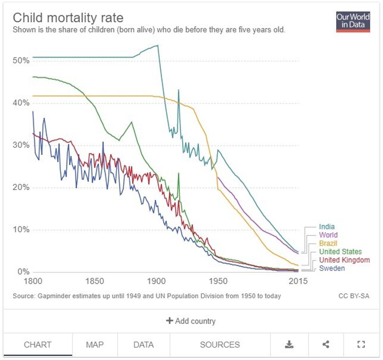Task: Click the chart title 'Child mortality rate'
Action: pyautogui.click(x=68, y=18)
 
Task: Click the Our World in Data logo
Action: pyautogui.click(x=353, y=21)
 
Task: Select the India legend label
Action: pyautogui.click(x=327, y=227)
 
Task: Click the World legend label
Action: pyautogui.click(x=328, y=235)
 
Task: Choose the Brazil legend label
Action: pyautogui.click(x=328, y=244)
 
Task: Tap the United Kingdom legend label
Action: pyautogui.click(x=344, y=260)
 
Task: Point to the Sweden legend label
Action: pyautogui.click(x=332, y=269)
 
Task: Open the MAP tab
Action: pyautogui.click(x=95, y=344)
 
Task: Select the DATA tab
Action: pyautogui.click(x=143, y=344)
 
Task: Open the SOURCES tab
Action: pyautogui.click(x=220, y=344)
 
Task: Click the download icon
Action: pyautogui.click(x=289, y=344)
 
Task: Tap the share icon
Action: pyautogui.click(x=326, y=344)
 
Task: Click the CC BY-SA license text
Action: pyautogui.click(x=354, y=296)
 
